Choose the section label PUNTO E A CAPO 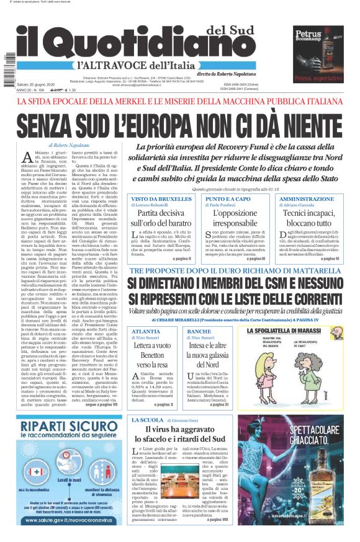pyautogui.click(x=227, y=199)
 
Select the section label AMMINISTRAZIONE pyautogui.click(x=307, y=199)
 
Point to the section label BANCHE pyautogui.click(x=199, y=332)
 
